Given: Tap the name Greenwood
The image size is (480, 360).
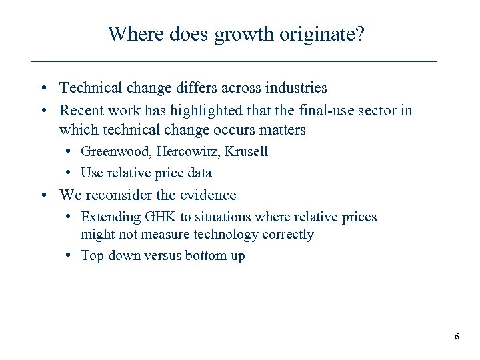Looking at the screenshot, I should point(117,151).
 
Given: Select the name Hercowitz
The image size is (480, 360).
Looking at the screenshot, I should point(189,151).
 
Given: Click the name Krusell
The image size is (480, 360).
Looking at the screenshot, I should point(246,151).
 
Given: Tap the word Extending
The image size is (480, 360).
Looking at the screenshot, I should point(110,217).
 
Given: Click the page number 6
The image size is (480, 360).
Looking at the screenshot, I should point(457,337).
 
